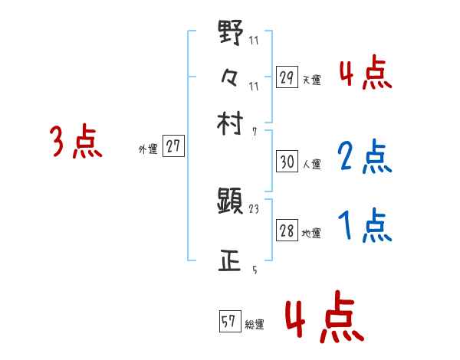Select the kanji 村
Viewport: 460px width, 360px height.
point(230,122)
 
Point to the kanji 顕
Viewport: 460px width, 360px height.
point(230,202)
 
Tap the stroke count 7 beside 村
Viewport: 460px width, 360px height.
point(254,131)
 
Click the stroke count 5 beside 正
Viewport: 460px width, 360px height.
point(254,269)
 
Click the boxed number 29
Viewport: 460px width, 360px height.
point(286,77)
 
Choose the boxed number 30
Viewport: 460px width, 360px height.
point(287,162)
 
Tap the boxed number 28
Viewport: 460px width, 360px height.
point(287,231)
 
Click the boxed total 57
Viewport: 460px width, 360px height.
point(229,322)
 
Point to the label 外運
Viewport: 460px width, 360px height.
point(148,149)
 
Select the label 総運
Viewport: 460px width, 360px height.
point(255,325)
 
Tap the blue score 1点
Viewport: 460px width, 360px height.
point(364,226)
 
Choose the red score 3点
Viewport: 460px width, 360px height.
point(76,142)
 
